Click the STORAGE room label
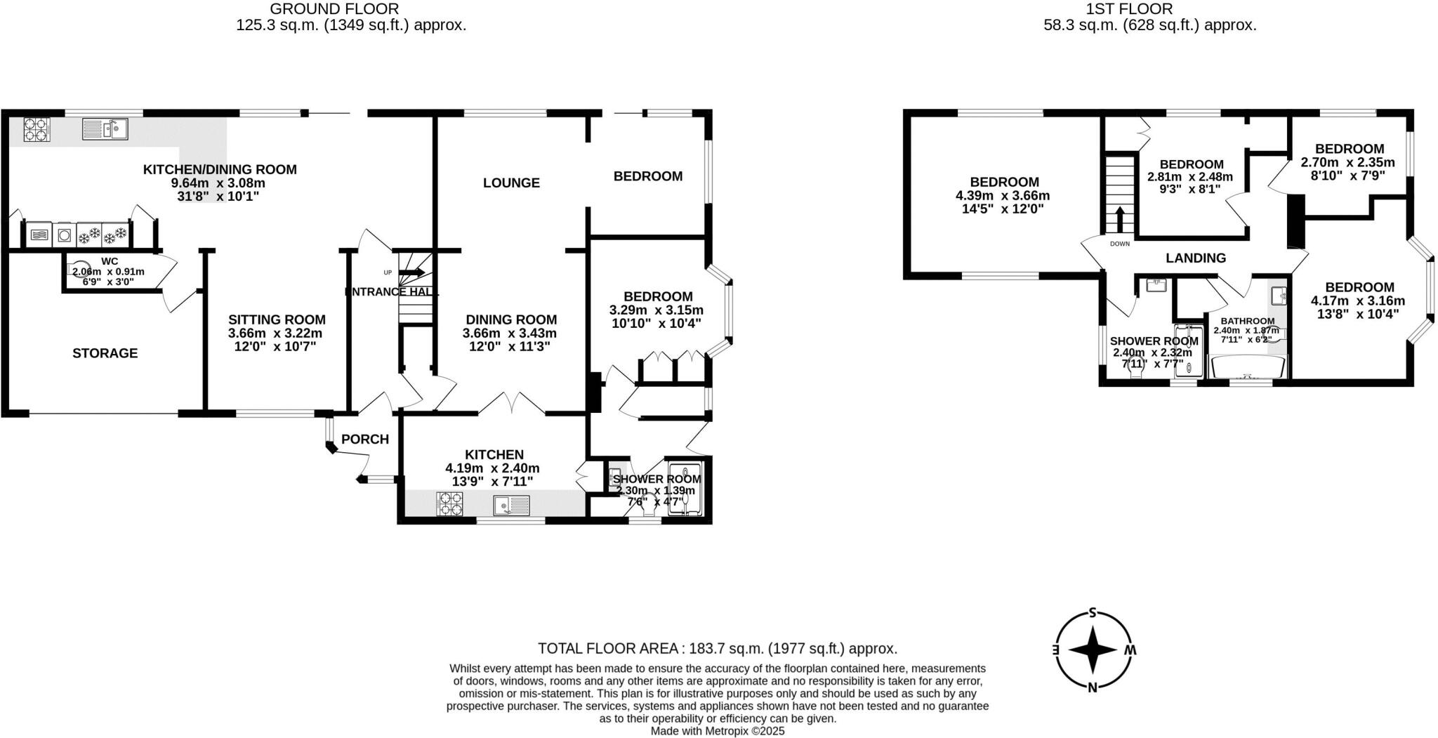pos(105,353)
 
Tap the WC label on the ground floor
pos(109,262)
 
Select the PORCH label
pos(364,440)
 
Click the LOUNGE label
pos(511,183)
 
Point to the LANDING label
pos(1196,258)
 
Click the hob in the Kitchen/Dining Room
pos(37,129)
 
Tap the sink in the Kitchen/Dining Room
pos(105,129)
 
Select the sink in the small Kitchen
pos(511,505)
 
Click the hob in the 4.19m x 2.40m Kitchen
pos(450,505)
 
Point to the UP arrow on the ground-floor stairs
pos(414,272)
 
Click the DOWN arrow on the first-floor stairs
pos(1120,219)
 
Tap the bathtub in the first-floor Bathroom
pos(1248,367)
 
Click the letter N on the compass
pos(1093,687)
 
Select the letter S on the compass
pos(1093,612)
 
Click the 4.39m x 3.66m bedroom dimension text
pos(1003,196)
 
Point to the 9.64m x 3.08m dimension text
pos(218,183)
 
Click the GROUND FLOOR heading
pos(334,9)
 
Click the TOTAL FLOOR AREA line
pos(717,648)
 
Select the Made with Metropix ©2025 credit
pos(717,731)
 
